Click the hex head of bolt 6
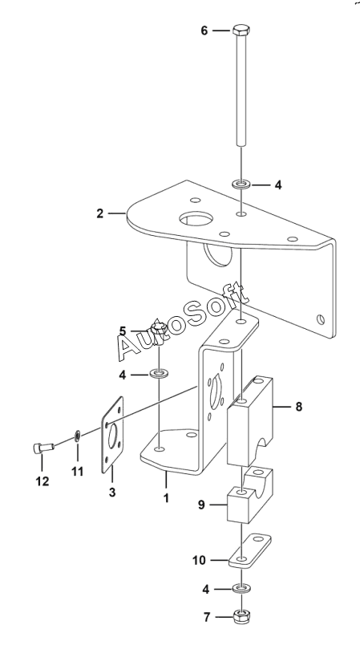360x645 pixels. pos(241,30)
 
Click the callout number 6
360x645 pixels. pos(204,30)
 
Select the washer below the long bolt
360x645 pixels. pos(241,183)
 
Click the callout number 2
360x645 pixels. pos(100,214)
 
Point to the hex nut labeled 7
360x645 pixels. pos(241,617)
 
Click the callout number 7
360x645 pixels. pos(207,617)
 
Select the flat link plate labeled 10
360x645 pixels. pos(249,551)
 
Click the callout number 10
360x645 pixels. pos(199,560)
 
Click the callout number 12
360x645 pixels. pos(42,481)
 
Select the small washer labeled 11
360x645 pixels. pos(77,435)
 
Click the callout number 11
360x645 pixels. pos(77,472)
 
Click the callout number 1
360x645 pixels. pos(166,498)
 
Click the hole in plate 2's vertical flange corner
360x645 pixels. pos(321,319)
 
